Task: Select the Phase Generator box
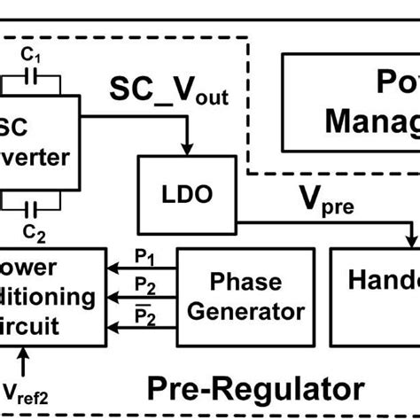[245, 297]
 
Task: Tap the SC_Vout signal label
[169, 89]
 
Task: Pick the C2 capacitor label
[33, 232]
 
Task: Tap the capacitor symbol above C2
[33, 209]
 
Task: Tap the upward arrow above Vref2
[24, 359]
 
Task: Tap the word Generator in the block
[245, 312]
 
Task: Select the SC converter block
[35, 144]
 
